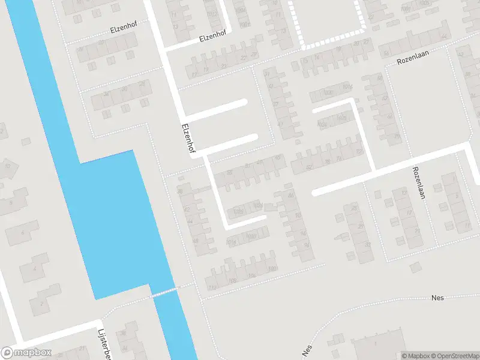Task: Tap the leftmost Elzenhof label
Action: click(124, 29)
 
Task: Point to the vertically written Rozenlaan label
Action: click(418, 182)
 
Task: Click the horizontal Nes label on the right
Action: click(437, 298)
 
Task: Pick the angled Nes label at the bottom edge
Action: click(306, 350)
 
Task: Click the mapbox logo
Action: click(26, 353)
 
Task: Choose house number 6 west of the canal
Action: click(23, 232)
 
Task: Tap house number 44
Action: click(190, 221)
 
